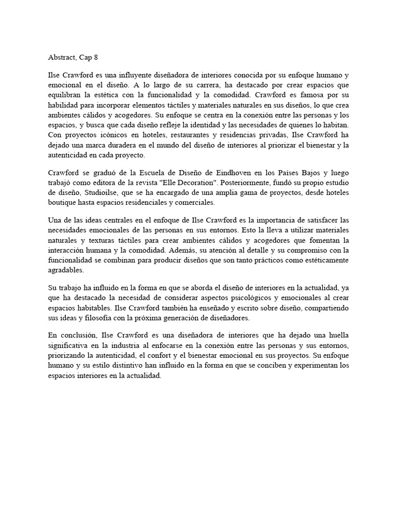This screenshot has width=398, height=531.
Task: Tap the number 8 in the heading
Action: click(x=95, y=58)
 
